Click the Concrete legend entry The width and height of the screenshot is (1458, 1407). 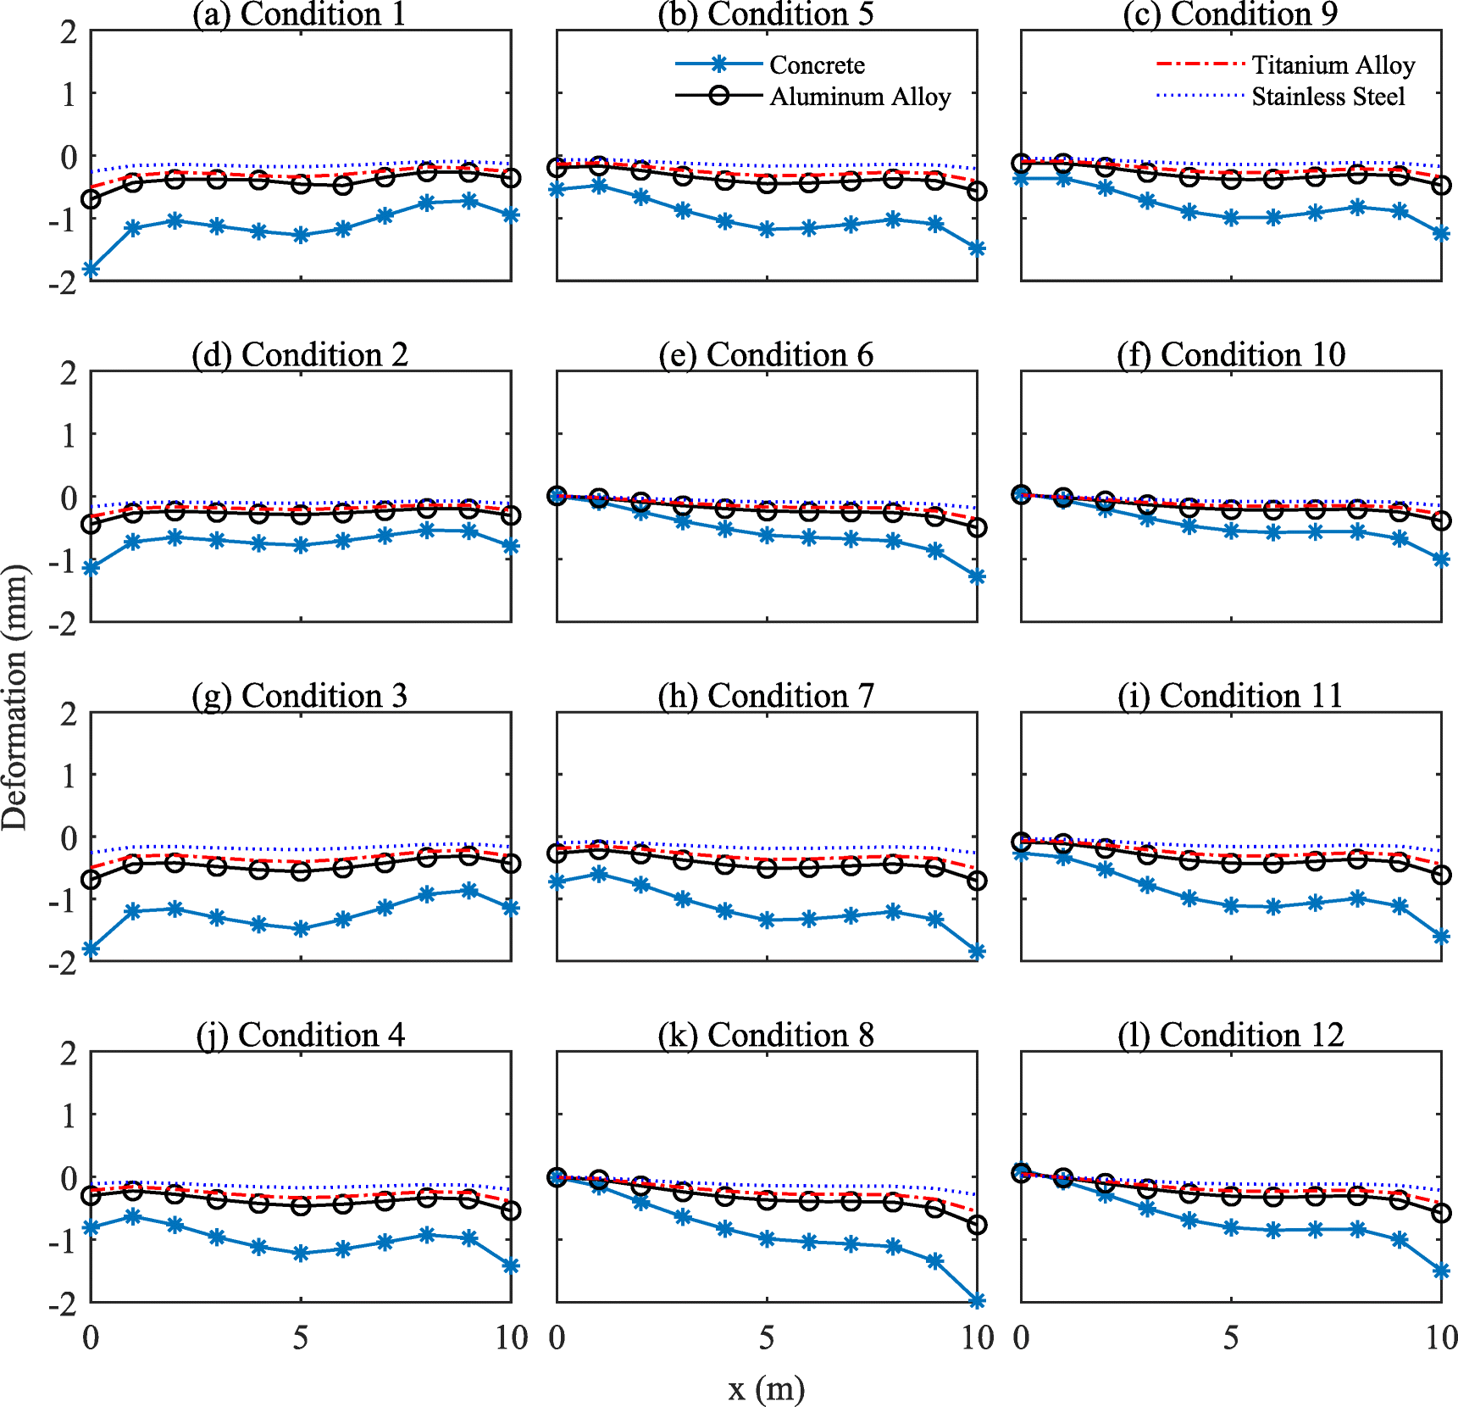(x=817, y=65)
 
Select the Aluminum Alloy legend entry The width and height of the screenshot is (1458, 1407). (x=859, y=97)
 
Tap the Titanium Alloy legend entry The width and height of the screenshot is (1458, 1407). (x=1333, y=65)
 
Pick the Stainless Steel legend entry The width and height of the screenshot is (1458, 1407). (x=1328, y=97)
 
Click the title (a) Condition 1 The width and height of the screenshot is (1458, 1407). (x=299, y=14)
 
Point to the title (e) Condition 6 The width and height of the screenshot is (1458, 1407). (x=766, y=354)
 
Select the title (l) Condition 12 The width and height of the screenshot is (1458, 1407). (x=1231, y=1035)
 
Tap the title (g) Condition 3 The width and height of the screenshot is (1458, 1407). (x=299, y=696)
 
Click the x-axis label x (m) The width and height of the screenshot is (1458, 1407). (x=766, y=1388)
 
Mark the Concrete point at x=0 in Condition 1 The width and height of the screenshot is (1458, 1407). (x=91, y=270)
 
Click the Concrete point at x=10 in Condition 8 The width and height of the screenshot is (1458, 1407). (x=977, y=1300)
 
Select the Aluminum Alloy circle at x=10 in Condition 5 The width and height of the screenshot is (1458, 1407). (x=977, y=192)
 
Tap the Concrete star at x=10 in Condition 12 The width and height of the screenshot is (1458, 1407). (x=1441, y=1271)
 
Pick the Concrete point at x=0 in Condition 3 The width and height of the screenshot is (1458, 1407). (x=91, y=949)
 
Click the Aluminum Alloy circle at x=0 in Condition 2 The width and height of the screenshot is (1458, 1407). (x=91, y=525)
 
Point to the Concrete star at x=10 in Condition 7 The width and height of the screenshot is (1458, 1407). (x=977, y=952)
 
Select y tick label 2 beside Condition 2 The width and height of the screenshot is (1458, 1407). (x=69, y=373)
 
